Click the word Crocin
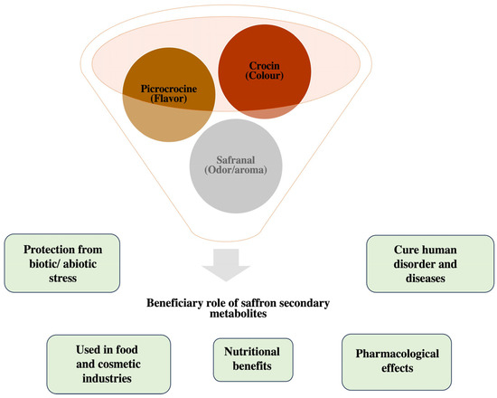pos(267,67)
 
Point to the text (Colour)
pos(267,78)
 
